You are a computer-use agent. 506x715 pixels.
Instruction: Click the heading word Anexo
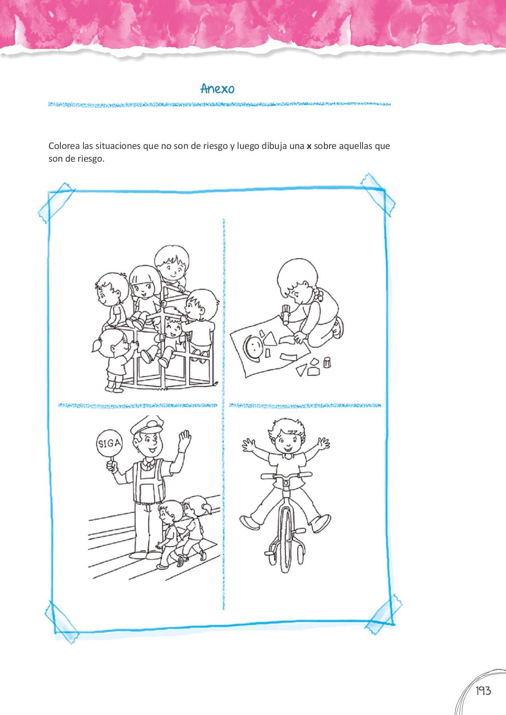[x=217, y=89]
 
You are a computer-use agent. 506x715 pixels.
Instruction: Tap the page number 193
[x=483, y=691]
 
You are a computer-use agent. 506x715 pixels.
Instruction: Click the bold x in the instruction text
[x=309, y=146]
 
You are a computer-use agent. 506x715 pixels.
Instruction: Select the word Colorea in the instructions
[x=64, y=146]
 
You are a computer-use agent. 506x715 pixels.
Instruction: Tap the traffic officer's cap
[x=147, y=425]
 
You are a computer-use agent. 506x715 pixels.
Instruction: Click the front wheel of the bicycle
[x=286, y=540]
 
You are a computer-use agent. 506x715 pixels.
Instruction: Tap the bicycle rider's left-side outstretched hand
[x=249, y=444]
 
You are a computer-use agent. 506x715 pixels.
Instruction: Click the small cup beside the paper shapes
[x=327, y=362]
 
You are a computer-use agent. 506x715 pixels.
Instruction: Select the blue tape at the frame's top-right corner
[x=378, y=194]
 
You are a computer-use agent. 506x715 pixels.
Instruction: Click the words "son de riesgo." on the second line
[x=76, y=159]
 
